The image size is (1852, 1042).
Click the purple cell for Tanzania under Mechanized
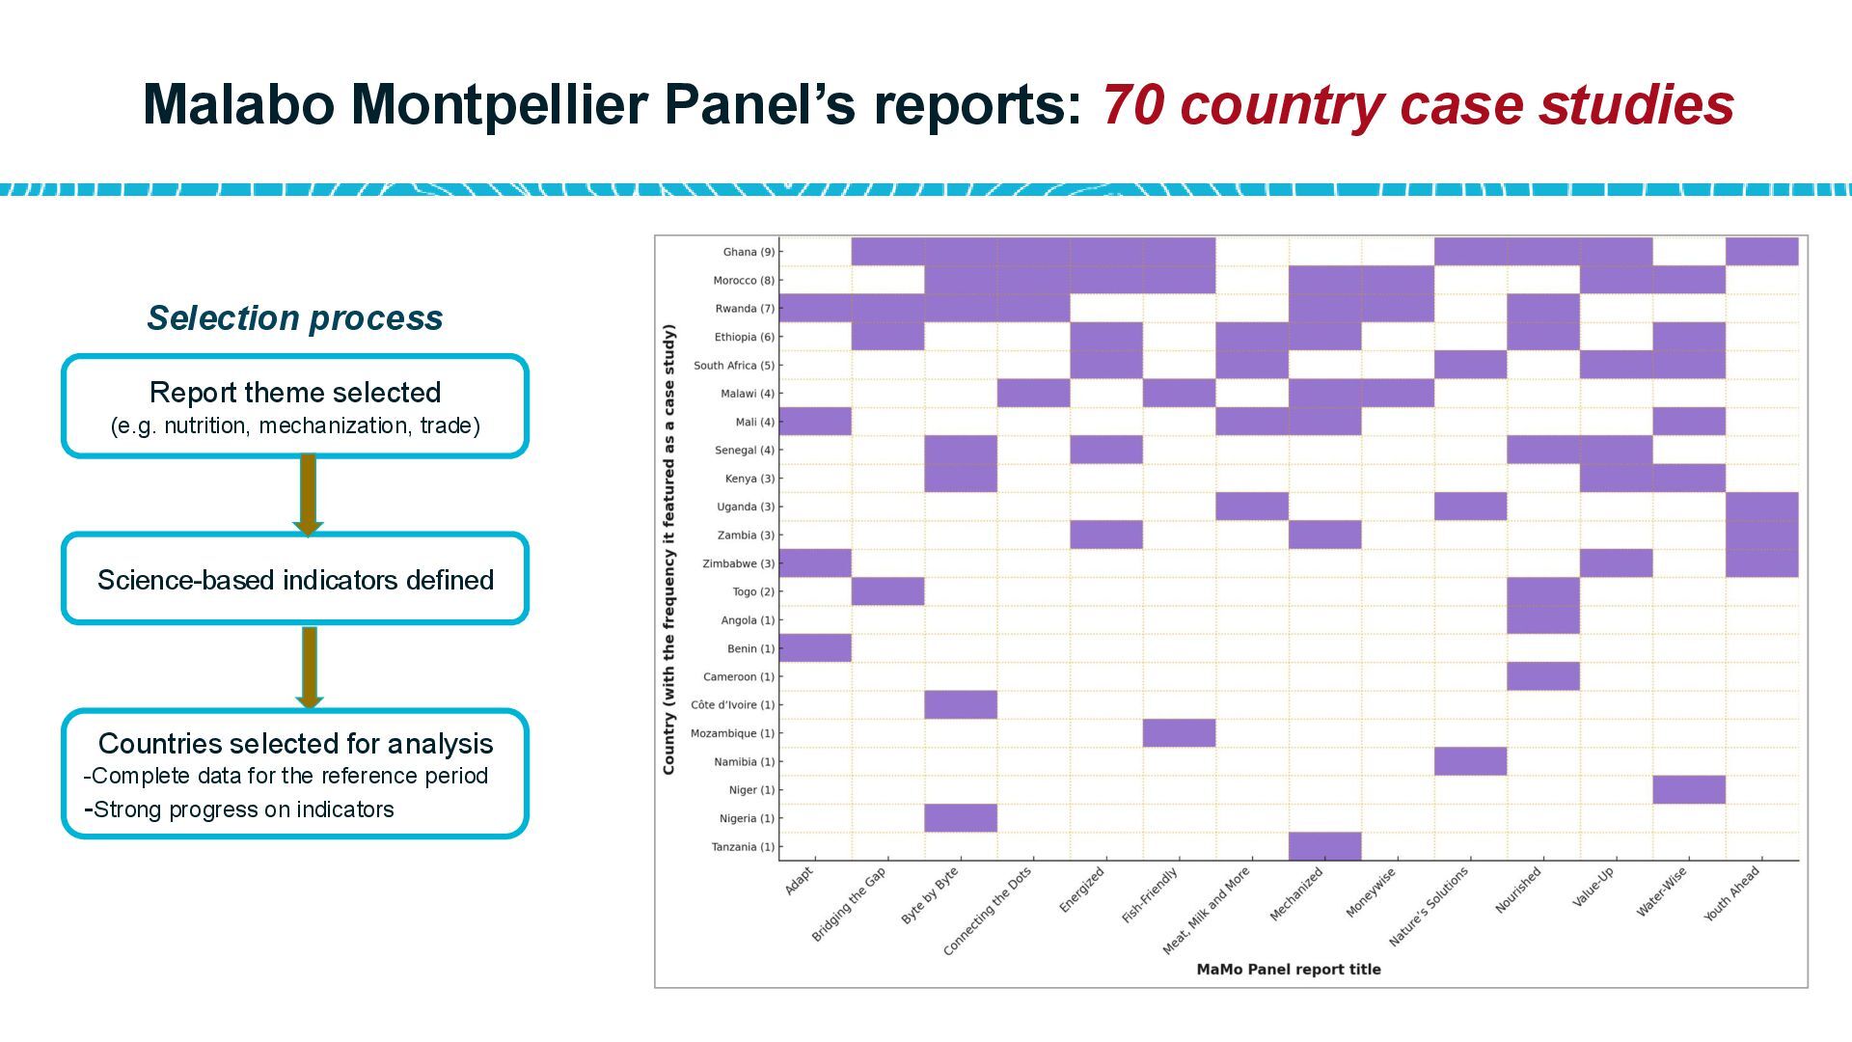1324,846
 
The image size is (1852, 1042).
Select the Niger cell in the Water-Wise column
1688,789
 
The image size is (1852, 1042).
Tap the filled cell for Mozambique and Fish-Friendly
1179,733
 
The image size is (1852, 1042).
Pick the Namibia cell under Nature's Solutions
1470,761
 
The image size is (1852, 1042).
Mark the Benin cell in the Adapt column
815,648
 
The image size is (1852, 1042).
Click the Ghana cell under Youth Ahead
1761,252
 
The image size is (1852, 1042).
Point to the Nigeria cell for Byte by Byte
961,818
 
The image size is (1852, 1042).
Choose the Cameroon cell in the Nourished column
1543,676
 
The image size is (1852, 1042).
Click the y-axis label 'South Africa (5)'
733,366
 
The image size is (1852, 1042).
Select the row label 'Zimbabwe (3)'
738,563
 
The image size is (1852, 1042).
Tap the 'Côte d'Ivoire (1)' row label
732,705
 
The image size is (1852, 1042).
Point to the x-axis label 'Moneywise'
1371,893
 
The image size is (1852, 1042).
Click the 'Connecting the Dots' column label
988,911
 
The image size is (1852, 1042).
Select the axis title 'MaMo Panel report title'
1289,970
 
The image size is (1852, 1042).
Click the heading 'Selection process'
295,317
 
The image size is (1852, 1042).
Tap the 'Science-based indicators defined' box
295,580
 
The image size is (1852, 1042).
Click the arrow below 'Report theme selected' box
308,495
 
